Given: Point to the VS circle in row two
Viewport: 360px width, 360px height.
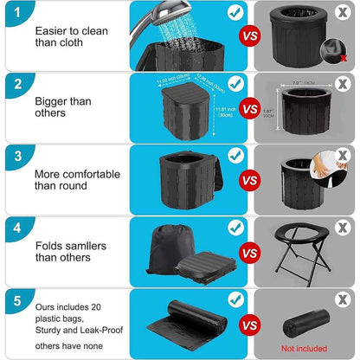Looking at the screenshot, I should point(250,109).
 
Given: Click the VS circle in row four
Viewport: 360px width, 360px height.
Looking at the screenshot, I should point(250,253).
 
